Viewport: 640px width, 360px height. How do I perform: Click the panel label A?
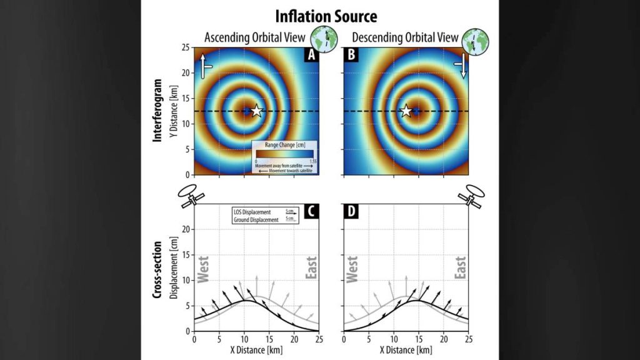tap(312, 55)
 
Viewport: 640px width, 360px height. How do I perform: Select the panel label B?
tap(351, 55)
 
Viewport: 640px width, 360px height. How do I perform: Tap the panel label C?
tap(312, 212)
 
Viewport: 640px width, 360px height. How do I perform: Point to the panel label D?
tap(351, 212)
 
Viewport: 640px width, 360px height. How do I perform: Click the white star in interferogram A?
tap(256, 111)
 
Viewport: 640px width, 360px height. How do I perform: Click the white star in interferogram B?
tap(406, 111)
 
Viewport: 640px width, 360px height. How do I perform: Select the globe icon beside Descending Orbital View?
tap(476, 39)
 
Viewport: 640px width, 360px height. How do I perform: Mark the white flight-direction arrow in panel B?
tap(463, 65)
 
